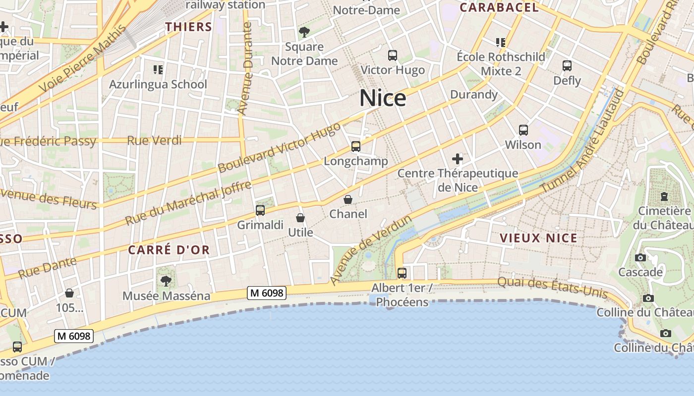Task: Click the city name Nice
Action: tap(383, 98)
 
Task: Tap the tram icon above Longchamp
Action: tap(355, 147)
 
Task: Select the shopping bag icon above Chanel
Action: tap(348, 199)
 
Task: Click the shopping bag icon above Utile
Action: tap(300, 218)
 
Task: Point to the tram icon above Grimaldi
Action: tap(260, 210)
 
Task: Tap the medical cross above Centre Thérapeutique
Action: tap(458, 159)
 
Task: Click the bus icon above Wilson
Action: tap(523, 130)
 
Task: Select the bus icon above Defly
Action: tap(567, 65)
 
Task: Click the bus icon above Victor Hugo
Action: tap(393, 55)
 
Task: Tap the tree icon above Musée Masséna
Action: tap(166, 281)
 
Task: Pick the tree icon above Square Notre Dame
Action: tap(304, 32)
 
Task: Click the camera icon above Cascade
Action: tap(640, 257)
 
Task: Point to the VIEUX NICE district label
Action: tap(538, 238)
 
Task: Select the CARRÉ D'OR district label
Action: tap(169, 250)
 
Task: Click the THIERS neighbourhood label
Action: tap(188, 27)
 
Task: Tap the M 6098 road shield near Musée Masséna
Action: tap(267, 293)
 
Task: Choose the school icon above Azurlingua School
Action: tap(158, 69)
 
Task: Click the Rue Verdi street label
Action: tap(154, 141)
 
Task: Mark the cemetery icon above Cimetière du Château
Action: tap(664, 197)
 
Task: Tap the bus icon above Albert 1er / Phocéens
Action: tap(402, 273)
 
